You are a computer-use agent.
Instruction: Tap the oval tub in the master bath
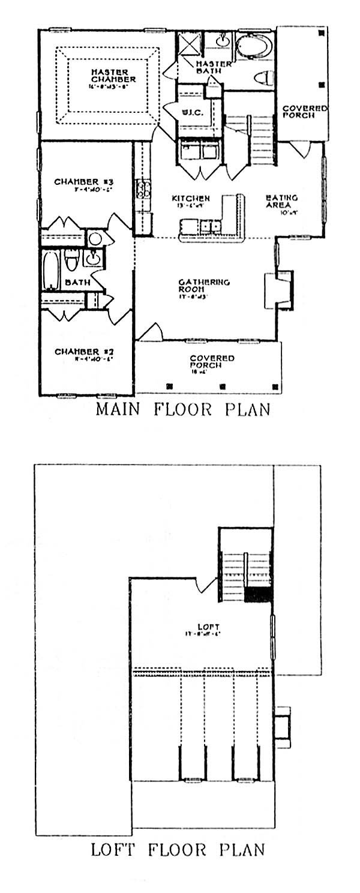253,46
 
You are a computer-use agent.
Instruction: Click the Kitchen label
191,199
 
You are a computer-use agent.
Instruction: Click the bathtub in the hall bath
51,270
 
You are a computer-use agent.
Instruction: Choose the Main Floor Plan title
182,410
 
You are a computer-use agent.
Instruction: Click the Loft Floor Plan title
178,850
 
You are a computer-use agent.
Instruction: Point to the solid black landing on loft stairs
258,594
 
